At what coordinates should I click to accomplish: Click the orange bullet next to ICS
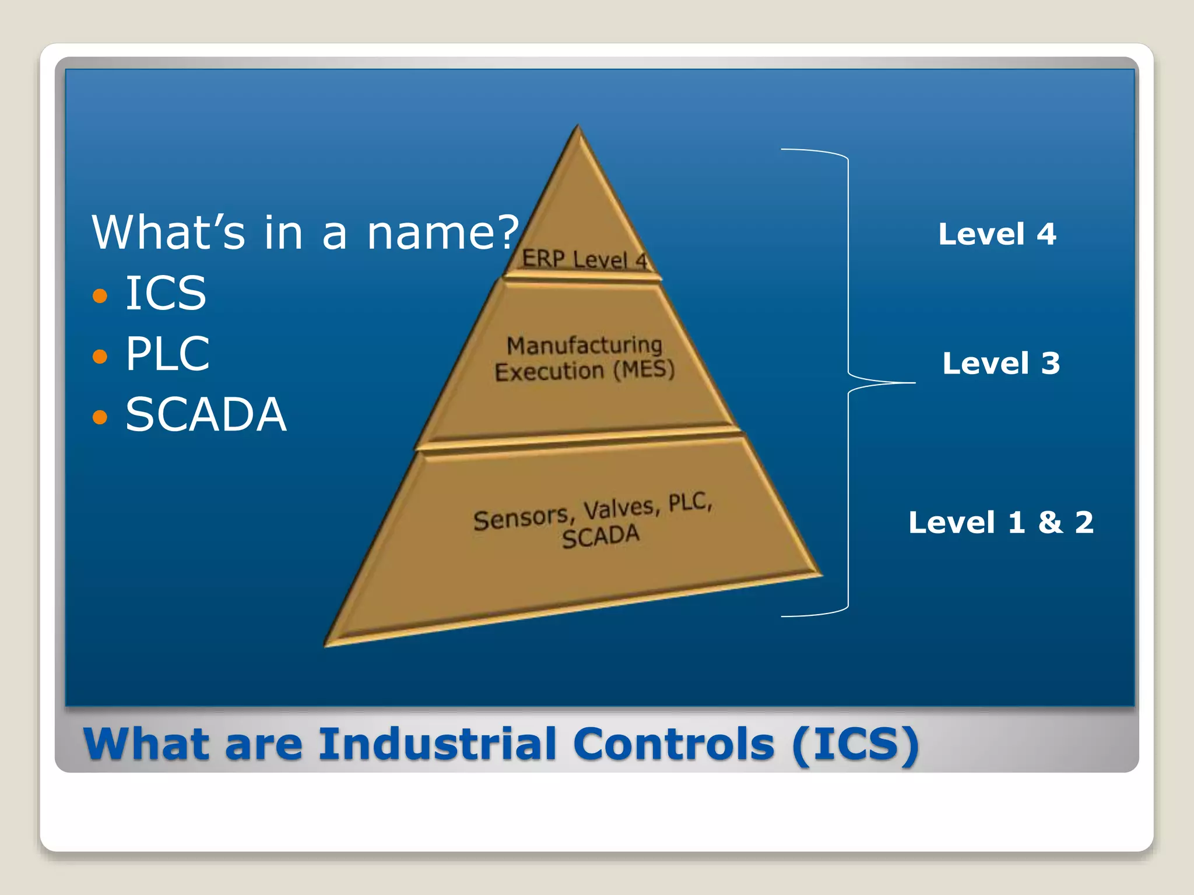click(x=100, y=295)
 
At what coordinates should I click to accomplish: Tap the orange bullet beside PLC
click(x=100, y=355)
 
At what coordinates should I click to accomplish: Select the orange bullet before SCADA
click(x=100, y=417)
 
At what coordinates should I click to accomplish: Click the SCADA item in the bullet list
click(x=206, y=414)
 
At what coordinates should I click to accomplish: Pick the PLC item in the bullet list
click(x=167, y=354)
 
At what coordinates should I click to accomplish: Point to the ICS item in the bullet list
click(x=166, y=293)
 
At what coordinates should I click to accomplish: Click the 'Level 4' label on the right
click(x=997, y=234)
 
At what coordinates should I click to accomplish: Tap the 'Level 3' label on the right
click(x=1001, y=364)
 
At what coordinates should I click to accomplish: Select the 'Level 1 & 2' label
click(x=1000, y=522)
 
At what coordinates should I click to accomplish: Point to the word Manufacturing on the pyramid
click(x=584, y=345)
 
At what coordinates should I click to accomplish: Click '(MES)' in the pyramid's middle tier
click(x=644, y=369)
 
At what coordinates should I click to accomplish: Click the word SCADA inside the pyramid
click(x=600, y=536)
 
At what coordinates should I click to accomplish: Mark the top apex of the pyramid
click(x=578, y=126)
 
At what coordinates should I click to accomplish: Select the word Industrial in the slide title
click(x=437, y=744)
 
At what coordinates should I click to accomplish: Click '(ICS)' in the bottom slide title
click(x=855, y=744)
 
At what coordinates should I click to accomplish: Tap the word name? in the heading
click(x=443, y=232)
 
